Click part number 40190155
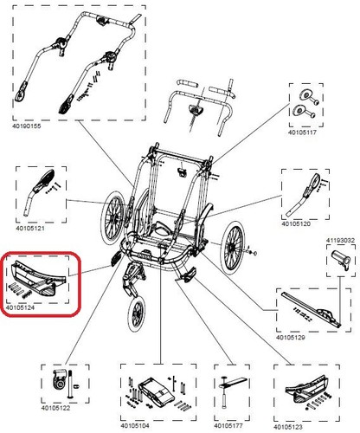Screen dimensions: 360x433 pos(27,126)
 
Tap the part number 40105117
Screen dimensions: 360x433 pos(302,132)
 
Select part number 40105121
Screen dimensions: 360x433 pos(30,229)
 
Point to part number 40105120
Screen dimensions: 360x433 pos(296,223)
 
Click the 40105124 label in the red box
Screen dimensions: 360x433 pos(20,307)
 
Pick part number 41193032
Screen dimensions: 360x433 pos(340,240)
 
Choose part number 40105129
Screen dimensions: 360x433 pos(291,338)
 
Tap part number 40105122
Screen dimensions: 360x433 pos(55,408)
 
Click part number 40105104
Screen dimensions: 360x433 pos(135,426)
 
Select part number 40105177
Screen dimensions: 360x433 pos(228,426)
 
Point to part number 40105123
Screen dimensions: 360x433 pos(288,427)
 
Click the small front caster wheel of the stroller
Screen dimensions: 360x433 pos(137,314)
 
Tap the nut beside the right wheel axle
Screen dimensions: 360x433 pos(254,254)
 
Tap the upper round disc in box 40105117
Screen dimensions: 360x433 pos(305,95)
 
